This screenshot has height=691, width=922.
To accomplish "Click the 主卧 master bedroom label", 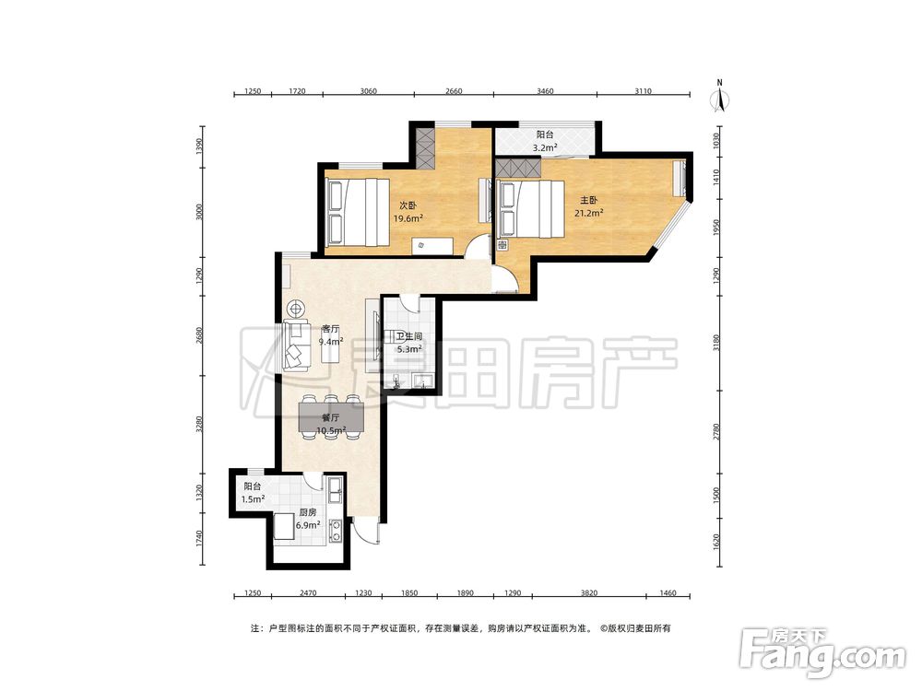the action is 588,200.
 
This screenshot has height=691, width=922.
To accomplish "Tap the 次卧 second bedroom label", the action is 408,205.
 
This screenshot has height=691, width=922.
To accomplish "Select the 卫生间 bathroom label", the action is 408,336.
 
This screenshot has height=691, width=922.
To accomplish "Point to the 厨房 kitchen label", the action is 308,512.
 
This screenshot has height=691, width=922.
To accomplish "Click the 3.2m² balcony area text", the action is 545,147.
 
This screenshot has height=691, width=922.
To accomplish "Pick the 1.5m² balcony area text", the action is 253,498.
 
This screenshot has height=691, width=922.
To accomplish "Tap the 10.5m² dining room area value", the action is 330,430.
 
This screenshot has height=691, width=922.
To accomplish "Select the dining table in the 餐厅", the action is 330,417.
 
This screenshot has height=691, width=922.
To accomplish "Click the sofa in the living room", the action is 296,345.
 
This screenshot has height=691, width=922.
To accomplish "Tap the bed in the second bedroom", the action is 358,212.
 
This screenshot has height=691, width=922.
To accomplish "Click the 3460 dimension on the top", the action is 545,91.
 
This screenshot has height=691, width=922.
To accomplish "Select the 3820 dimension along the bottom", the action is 588,592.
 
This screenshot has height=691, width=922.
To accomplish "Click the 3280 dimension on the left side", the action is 199,425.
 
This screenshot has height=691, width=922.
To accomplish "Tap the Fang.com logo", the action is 822,653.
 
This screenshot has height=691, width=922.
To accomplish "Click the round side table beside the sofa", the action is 296,308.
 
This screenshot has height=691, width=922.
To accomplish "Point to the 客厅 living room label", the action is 330,329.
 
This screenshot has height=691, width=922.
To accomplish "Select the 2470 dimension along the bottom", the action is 308,592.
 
